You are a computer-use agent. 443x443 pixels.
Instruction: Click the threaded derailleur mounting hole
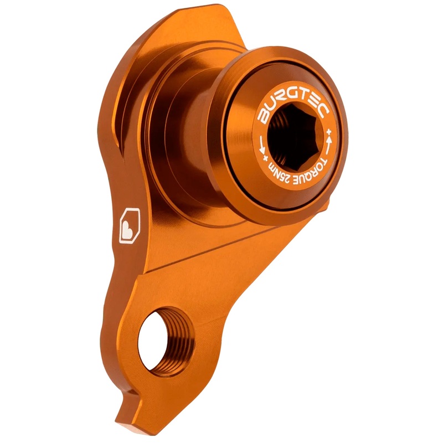coord(166,340)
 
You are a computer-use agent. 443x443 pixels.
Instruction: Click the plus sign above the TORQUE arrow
coord(331,131)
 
